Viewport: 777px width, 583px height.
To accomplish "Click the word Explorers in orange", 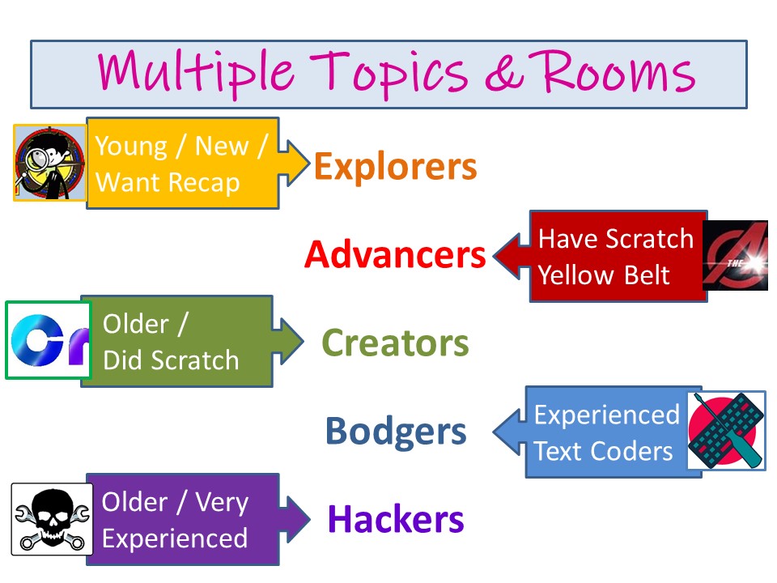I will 395,167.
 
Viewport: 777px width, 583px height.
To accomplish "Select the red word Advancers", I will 395,256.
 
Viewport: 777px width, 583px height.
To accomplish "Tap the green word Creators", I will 395,343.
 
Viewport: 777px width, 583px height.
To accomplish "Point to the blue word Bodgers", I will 396,432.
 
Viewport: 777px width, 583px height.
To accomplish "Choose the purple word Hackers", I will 396,519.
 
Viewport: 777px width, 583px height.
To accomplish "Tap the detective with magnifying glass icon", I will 49,162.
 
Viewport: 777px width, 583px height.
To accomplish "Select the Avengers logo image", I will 735,255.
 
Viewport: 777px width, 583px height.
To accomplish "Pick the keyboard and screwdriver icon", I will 725,430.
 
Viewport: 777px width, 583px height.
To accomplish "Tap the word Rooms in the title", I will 618,71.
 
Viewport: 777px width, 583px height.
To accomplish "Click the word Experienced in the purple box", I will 175,538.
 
